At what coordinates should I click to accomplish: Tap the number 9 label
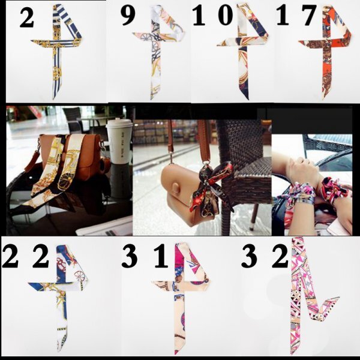click(x=128, y=16)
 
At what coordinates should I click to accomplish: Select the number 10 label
click(x=212, y=16)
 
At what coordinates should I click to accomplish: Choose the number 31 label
click(x=145, y=256)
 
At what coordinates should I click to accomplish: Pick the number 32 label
click(x=265, y=256)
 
